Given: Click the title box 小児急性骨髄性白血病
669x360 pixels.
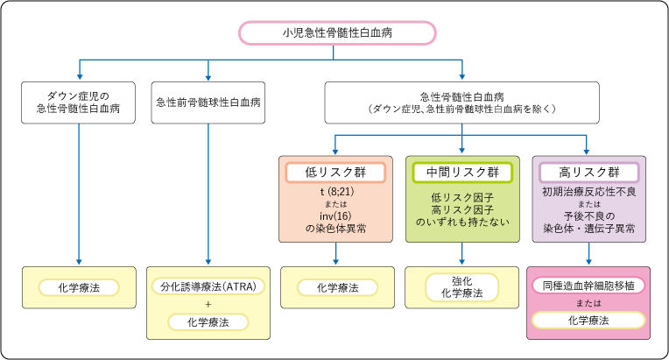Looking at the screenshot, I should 337,33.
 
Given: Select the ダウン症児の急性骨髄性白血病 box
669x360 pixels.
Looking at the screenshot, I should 78,102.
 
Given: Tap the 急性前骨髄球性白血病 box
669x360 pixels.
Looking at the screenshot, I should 208,102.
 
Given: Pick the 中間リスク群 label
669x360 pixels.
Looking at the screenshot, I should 462,172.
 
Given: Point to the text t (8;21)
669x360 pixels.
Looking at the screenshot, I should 336,192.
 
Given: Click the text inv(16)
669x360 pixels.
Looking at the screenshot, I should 336,216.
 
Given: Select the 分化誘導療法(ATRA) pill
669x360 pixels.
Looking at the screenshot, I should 208,286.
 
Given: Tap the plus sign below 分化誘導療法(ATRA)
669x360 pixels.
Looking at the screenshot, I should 208,304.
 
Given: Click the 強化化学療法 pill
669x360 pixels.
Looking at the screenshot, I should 462,286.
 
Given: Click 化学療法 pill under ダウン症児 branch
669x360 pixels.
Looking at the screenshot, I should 78,286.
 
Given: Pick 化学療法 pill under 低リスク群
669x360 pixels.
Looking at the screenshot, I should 336,286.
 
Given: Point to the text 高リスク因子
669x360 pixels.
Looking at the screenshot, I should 462,211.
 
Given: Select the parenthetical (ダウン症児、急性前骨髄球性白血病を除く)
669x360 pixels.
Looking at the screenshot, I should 462,109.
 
